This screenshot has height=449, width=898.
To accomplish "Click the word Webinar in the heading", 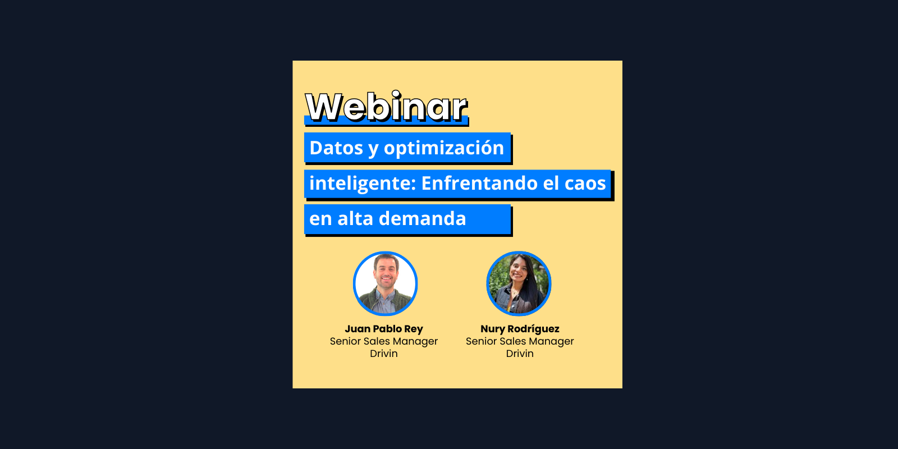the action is pyautogui.click(x=386, y=107).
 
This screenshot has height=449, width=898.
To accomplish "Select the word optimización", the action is pyautogui.click(x=444, y=148).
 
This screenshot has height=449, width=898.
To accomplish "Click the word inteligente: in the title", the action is pyautogui.click(x=362, y=184).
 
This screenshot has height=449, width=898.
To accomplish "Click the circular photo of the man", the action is pyautogui.click(x=385, y=283).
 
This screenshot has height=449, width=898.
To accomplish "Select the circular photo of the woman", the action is pyautogui.click(x=519, y=283).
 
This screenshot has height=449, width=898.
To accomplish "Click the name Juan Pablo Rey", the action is pyautogui.click(x=384, y=329).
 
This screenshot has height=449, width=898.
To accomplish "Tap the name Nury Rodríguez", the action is pyautogui.click(x=520, y=329).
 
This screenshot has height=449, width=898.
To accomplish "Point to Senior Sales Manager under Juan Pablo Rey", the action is pyautogui.click(x=384, y=341).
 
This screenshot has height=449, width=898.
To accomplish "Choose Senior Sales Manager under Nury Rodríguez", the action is pyautogui.click(x=520, y=341).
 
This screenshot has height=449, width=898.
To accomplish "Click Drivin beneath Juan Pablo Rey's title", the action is pyautogui.click(x=384, y=354).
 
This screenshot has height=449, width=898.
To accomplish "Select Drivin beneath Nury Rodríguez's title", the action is pyautogui.click(x=520, y=354).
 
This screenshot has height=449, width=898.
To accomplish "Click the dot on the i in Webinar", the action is pyautogui.click(x=396, y=94).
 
